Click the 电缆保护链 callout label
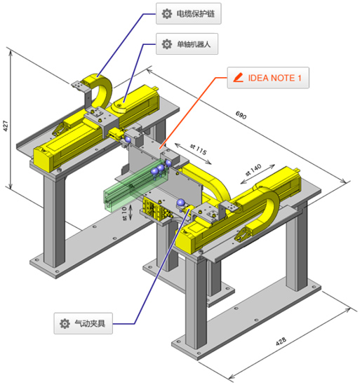(189, 13)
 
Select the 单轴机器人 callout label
(187, 44)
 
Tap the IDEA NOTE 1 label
(268, 78)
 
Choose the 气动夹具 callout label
(84, 323)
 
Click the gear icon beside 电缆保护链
(167, 14)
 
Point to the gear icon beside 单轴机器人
(167, 44)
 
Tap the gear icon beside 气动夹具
(65, 323)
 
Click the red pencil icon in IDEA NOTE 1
(238, 78)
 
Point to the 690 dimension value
(241, 115)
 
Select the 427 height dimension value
(6, 126)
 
